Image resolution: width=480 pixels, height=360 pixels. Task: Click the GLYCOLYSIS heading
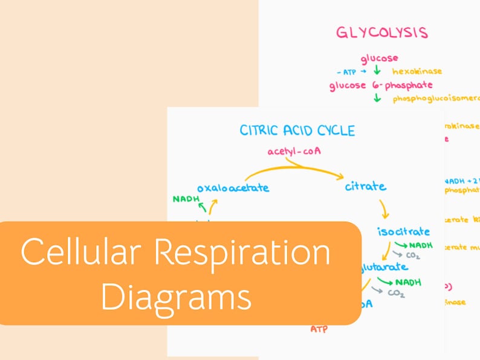pos(381,33)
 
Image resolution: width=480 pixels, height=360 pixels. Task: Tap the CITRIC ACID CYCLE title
pos(297,130)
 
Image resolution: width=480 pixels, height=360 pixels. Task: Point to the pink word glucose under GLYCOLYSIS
pos(380,59)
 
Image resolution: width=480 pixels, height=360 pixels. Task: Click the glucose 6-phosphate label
pos(381,85)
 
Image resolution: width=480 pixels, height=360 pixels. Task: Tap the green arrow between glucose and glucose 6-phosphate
pos(377,71)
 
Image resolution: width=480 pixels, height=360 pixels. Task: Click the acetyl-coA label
pos(294,150)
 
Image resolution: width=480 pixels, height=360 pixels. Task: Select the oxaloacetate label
pos(233,188)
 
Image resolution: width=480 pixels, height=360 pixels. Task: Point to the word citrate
pos(365,187)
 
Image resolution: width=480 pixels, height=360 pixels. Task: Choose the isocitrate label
pos(404,231)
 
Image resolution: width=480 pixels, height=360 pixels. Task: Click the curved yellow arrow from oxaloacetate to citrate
pos(296,170)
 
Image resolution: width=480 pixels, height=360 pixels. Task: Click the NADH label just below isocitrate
pos(420,245)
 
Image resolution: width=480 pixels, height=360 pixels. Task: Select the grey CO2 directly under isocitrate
pos(413,256)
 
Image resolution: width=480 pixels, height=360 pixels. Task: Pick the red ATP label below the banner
pos(319,329)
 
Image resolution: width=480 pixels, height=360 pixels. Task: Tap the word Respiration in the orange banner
pos(242,254)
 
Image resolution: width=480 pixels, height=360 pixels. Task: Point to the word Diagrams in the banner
pos(176,298)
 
